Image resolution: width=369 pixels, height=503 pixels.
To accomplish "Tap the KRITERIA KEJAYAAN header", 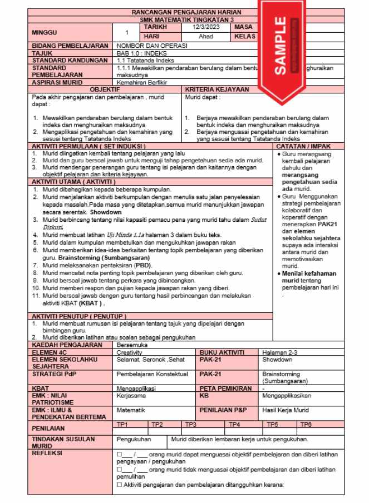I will tap(217, 89).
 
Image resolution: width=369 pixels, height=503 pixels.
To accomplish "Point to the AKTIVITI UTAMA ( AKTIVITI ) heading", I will tap(73, 182).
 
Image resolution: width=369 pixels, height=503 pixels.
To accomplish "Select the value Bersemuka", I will tap(131, 345).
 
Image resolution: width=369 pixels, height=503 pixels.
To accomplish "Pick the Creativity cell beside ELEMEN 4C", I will tap(130, 352).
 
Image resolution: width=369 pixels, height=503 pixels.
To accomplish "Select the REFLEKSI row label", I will tap(48, 453).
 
